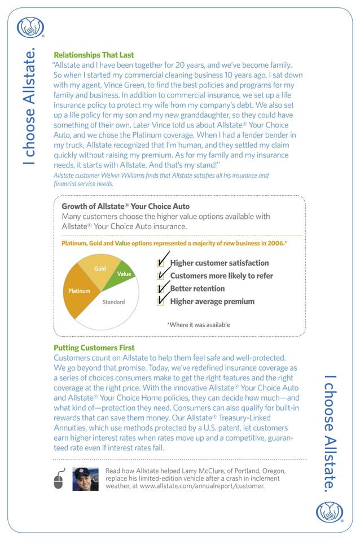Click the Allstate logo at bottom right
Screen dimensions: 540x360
[329, 512]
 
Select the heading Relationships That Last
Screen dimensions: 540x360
[94, 55]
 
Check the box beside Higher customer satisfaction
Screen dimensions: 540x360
[161, 263]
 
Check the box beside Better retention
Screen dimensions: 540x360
[161, 289]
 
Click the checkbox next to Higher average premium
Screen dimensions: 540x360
[161, 301]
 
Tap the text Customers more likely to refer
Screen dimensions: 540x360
[221, 276]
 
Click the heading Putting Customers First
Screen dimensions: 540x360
[94, 348]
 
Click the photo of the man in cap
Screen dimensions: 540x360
[85, 479]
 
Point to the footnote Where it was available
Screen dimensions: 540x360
[198, 324]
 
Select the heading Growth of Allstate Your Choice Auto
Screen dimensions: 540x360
[125, 207]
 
